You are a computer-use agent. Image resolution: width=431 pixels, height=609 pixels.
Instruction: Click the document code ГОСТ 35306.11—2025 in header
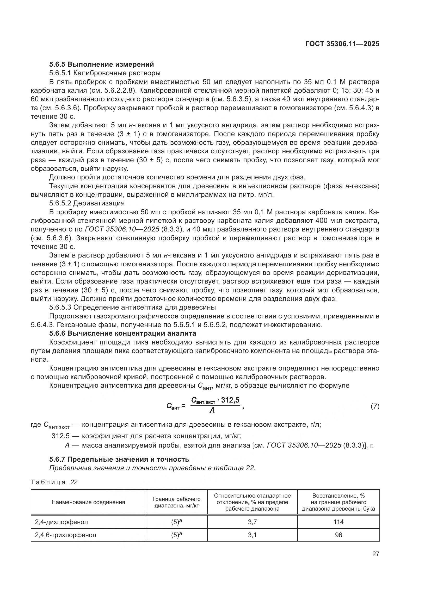tap(342, 44)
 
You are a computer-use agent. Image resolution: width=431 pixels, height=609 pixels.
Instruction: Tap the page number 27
tap(375, 554)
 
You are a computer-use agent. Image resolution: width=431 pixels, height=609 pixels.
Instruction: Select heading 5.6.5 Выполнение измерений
tap(101, 64)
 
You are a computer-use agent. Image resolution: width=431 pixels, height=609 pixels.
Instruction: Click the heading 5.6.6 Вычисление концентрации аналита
tap(123, 333)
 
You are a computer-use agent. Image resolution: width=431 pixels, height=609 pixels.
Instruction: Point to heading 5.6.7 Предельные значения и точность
tap(119, 459)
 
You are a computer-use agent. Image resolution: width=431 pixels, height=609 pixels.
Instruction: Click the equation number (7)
tap(375, 406)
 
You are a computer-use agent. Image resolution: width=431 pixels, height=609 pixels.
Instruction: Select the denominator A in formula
tap(212, 410)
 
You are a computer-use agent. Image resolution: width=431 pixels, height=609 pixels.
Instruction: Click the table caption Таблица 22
tap(54, 482)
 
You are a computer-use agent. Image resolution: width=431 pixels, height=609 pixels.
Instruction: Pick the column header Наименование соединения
tap(88, 502)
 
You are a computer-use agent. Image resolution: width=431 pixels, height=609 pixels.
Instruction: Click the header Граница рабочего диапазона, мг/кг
tap(176, 502)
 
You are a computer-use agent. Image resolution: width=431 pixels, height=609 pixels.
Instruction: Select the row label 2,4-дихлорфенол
tap(61, 522)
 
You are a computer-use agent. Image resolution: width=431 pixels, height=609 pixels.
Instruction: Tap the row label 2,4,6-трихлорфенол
tap(66, 535)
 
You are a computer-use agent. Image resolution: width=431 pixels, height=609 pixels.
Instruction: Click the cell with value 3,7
tap(252, 522)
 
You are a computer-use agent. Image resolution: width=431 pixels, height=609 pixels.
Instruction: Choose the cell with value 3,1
tap(252, 535)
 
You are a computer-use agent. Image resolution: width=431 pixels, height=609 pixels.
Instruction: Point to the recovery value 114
tap(338, 522)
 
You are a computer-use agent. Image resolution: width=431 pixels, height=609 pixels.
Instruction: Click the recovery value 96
tap(338, 535)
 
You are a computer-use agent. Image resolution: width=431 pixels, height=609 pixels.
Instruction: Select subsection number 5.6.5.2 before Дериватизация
tap(60, 203)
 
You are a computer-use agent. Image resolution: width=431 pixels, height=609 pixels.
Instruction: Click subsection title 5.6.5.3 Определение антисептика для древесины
tap(132, 307)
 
